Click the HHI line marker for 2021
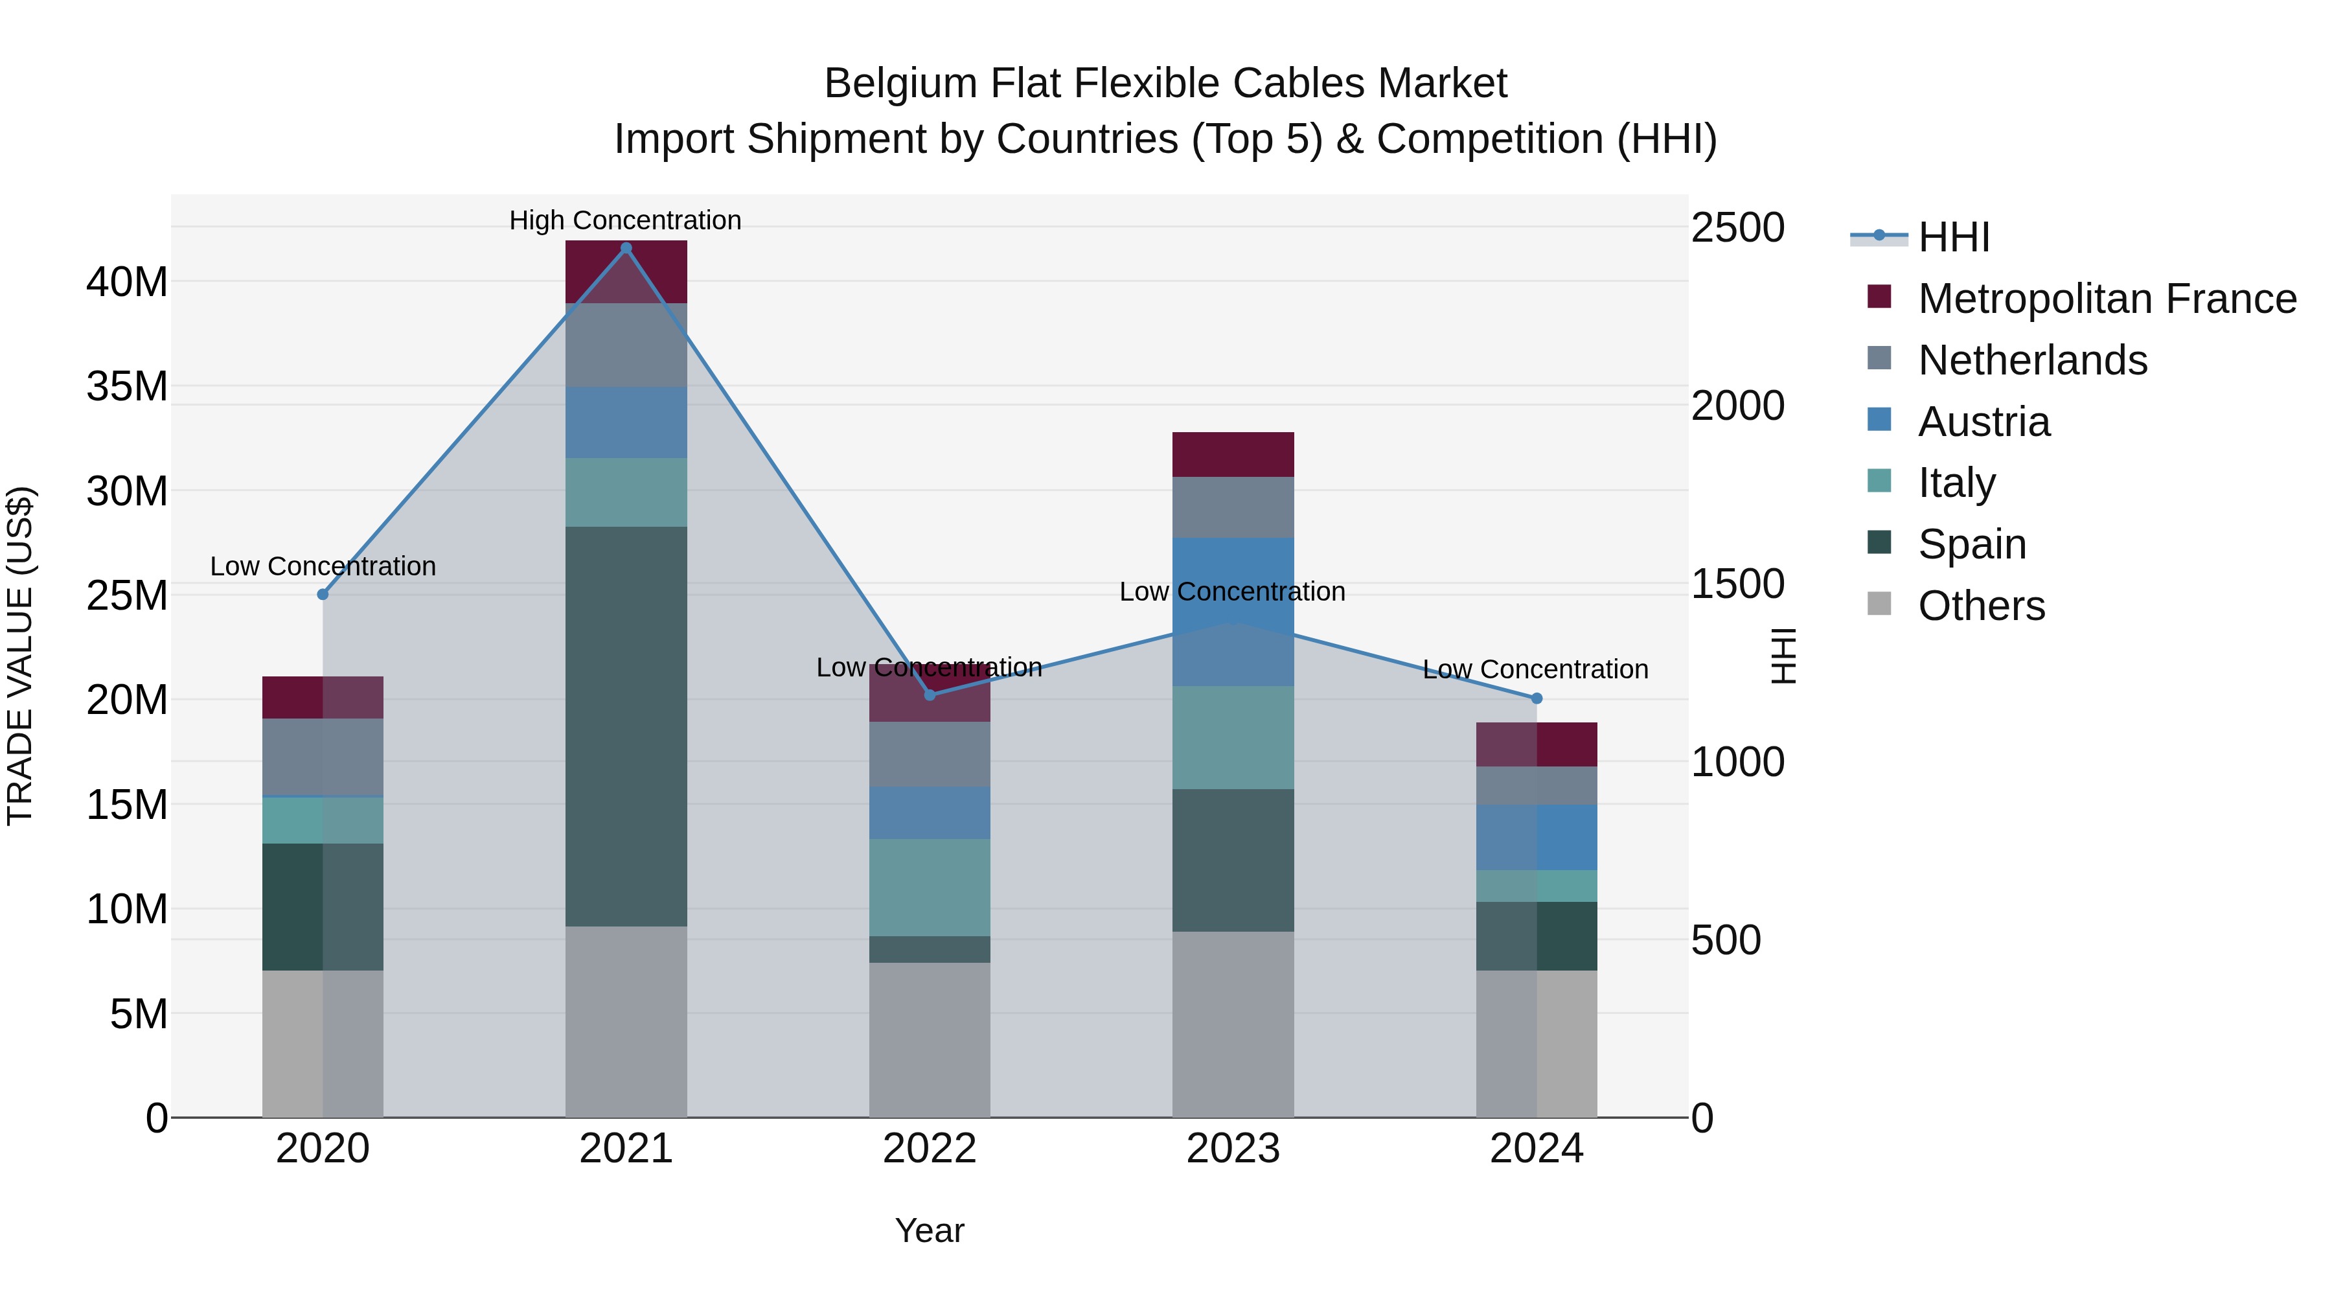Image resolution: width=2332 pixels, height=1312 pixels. [x=626, y=248]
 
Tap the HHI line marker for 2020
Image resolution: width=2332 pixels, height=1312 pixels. [x=323, y=594]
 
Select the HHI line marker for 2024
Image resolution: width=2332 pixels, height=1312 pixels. [x=1537, y=698]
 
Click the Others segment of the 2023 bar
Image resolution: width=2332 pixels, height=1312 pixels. [x=1233, y=1023]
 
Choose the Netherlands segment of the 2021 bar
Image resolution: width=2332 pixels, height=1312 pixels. [x=626, y=344]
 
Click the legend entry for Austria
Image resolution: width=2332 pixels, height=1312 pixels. [x=1983, y=422]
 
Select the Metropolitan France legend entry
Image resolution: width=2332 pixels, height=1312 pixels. [x=2106, y=299]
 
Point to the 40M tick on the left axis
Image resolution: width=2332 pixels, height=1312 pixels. [x=127, y=282]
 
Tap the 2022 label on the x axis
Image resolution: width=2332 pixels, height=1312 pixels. [x=929, y=1149]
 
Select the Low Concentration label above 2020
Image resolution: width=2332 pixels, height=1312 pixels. [x=323, y=566]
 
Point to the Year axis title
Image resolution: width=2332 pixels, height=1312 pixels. [x=929, y=1230]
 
